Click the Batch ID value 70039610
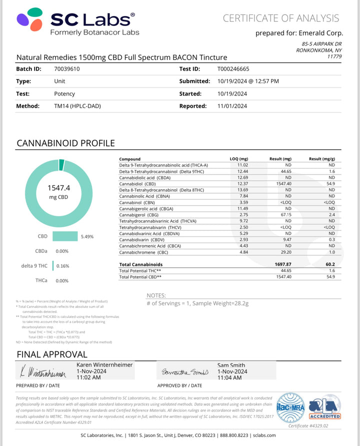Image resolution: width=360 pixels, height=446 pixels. coord(67,69)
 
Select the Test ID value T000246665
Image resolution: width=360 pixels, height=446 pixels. coord(237,69)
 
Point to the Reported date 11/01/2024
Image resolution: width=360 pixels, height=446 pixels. coord(233,106)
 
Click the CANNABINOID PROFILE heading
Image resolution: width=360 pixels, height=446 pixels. coord(65,143)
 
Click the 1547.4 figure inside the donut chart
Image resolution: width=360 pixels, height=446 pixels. coord(58,188)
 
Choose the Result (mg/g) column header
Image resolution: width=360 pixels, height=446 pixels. coord(321,159)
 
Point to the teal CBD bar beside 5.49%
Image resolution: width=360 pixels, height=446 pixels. coord(65,236)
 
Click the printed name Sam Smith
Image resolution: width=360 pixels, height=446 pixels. coord(231,365)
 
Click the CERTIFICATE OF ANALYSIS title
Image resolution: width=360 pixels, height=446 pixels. coord(281,18)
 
